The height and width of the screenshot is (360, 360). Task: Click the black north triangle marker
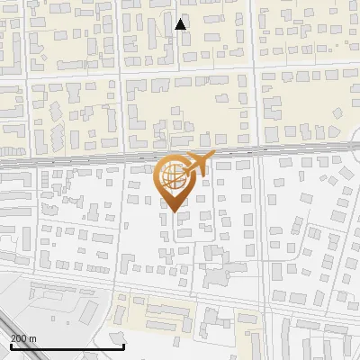181,24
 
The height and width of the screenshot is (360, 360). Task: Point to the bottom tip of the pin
174,211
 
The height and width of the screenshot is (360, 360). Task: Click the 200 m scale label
23,338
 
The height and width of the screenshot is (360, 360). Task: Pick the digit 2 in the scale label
13,338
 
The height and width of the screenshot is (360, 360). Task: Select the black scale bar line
67,346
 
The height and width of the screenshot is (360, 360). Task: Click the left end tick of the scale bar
11,345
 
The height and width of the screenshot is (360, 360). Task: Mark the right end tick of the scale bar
123,345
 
